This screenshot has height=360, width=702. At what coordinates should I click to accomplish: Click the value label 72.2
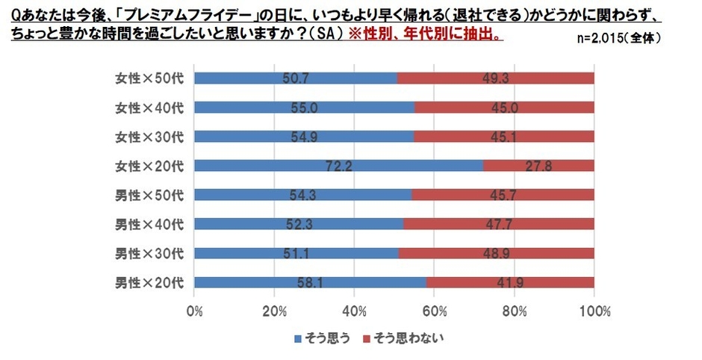[338, 166]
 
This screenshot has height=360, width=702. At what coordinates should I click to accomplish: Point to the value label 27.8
[538, 166]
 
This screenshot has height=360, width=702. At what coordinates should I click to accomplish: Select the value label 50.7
[296, 78]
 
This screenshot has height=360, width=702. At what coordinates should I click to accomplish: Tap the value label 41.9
[510, 283]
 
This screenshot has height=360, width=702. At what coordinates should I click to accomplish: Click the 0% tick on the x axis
[194, 310]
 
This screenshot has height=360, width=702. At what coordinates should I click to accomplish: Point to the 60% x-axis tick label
[435, 310]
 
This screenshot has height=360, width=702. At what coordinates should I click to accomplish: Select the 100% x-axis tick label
[594, 310]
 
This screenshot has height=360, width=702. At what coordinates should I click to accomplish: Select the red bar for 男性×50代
[502, 195]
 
